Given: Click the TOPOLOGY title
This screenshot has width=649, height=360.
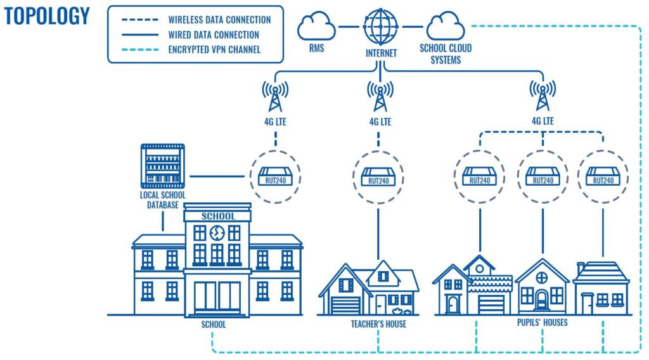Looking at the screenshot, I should (47, 16).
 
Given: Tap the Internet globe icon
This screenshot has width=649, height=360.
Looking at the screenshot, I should (380, 27).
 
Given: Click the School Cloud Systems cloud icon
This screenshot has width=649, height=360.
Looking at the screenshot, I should (446, 28).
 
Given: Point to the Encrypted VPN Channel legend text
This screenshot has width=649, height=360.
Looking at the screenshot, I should (214, 49).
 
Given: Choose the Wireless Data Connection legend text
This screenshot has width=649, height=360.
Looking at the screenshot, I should (219, 20).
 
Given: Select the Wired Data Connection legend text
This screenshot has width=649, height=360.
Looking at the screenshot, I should (214, 35).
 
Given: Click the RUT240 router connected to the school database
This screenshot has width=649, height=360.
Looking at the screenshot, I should (274, 176).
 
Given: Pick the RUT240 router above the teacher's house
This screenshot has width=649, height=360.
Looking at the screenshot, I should (380, 176).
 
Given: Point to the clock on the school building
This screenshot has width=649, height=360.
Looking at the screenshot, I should (217, 233).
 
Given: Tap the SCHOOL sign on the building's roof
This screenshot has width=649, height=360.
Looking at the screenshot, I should (217, 216).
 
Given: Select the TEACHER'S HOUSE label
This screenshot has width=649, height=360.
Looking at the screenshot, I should (378, 325).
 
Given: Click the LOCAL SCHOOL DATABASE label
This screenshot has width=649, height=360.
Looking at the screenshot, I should (163, 200).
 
